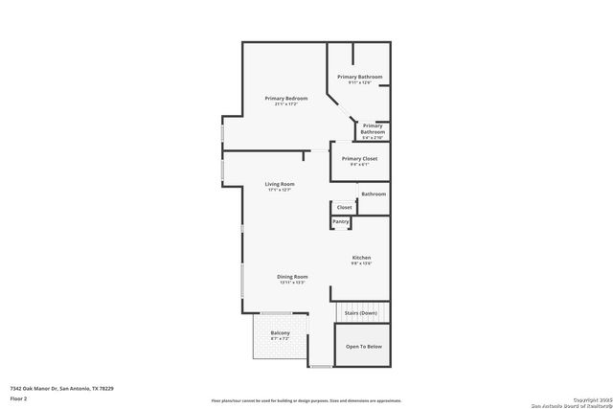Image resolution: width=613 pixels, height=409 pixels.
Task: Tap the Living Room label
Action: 280,184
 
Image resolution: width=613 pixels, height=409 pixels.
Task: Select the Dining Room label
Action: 292,276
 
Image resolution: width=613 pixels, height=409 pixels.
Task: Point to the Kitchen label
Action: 361,258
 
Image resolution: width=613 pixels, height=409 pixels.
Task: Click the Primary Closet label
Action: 359,158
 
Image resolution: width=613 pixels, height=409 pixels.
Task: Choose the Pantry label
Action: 341,222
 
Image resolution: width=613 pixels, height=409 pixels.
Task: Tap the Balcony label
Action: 280,333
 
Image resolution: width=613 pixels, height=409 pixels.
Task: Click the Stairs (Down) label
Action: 361,313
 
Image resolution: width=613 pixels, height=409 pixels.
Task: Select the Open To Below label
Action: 364,347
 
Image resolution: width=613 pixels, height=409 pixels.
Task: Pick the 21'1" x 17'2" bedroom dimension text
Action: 285,104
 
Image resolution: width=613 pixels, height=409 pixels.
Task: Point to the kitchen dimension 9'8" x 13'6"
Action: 361,263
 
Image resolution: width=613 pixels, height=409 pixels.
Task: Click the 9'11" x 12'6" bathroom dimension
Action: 360,82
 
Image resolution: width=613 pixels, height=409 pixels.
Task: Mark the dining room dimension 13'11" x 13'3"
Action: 292,283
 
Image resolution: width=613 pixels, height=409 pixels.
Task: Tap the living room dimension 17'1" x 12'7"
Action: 280,190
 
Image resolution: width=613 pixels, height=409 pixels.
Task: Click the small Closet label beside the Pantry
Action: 345,207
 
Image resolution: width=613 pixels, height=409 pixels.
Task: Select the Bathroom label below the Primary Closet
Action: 374,194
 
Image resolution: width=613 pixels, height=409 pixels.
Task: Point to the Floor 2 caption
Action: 18,398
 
